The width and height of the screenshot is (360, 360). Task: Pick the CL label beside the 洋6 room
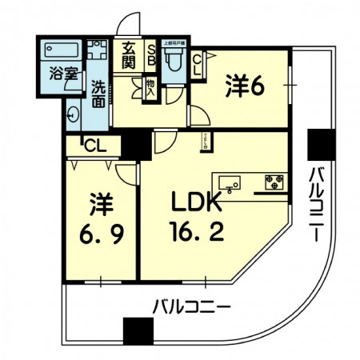(198, 62)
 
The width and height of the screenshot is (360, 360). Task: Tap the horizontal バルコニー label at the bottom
(192, 306)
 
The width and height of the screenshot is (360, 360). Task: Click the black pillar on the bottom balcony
(138, 330)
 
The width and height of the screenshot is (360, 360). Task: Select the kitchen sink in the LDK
(230, 182)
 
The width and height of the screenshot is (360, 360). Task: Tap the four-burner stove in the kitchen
(274, 181)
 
